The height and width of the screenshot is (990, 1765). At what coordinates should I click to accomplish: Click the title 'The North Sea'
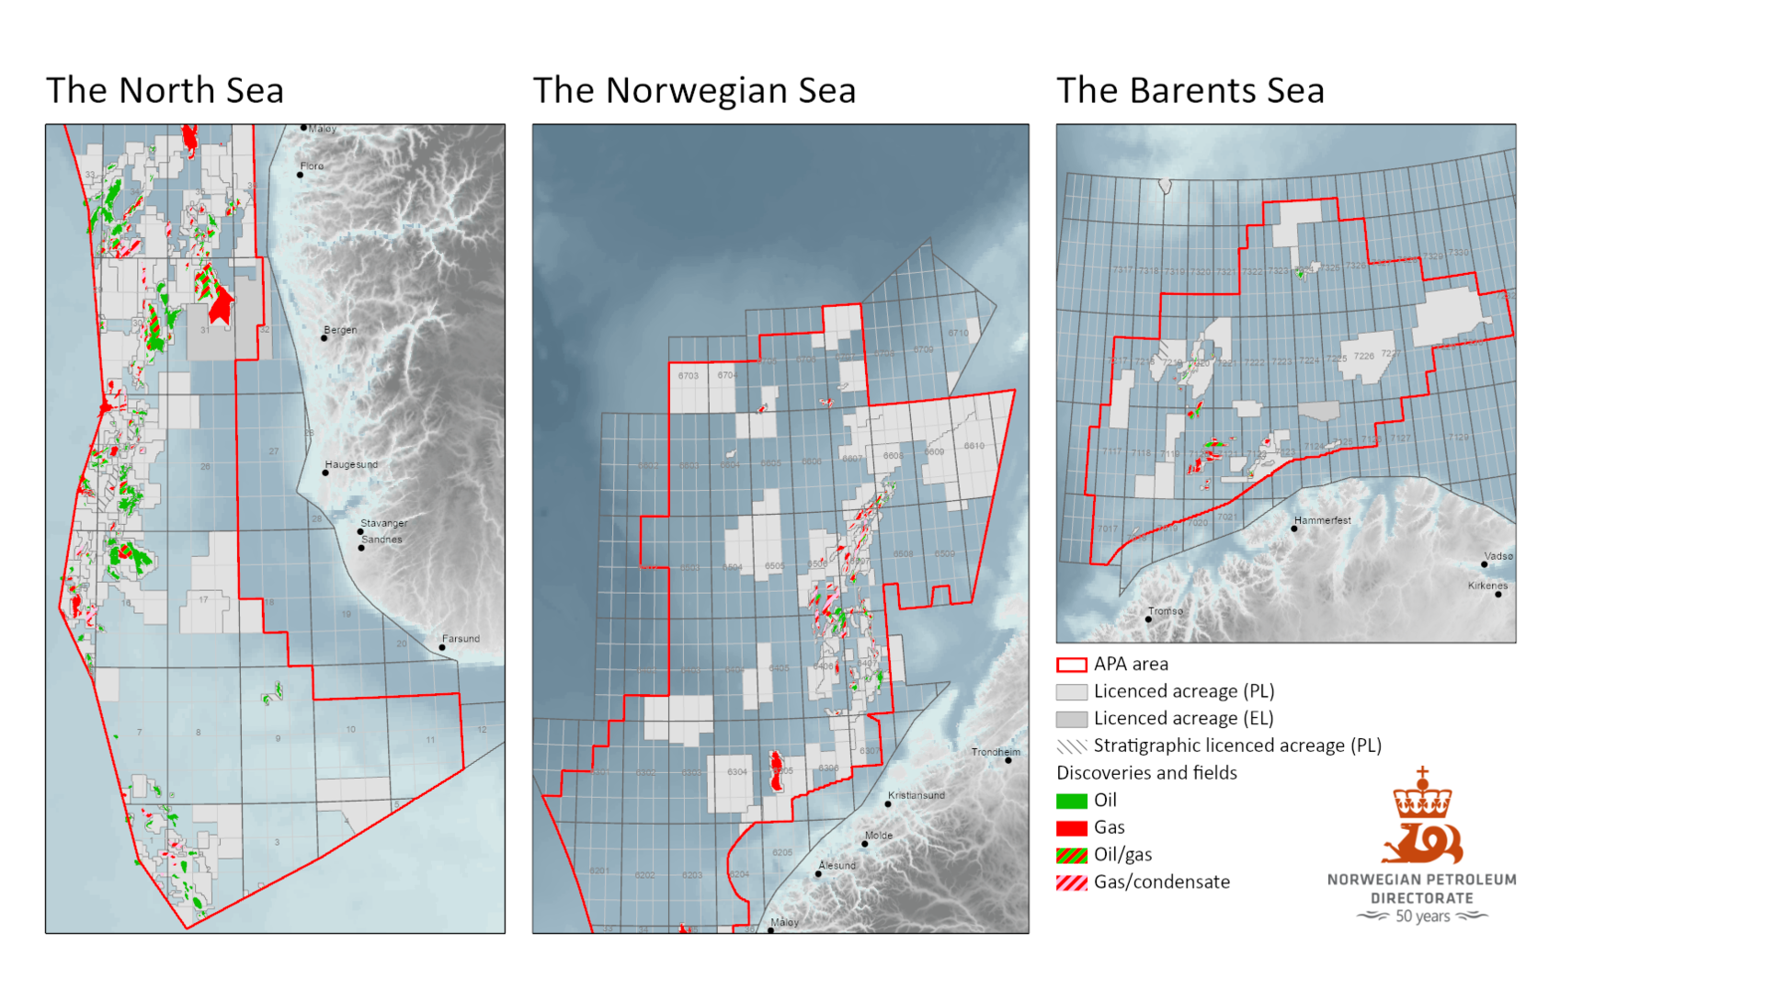point(165,90)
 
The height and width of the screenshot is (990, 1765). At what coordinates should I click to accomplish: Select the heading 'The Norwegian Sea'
point(694,90)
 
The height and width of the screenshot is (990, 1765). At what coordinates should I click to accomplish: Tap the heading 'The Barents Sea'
point(1190,90)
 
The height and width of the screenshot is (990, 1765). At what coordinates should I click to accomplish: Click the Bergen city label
point(340,330)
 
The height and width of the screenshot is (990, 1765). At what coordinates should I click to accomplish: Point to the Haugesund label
point(351,464)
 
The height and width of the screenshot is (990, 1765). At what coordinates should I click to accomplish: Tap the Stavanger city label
point(383,523)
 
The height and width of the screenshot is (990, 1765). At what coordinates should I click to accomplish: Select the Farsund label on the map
point(461,639)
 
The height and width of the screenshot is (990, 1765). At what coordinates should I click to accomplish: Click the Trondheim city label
point(996,752)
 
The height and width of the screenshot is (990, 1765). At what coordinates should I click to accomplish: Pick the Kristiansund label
point(916,795)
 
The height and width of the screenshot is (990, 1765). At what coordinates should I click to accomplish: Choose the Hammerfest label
point(1322,520)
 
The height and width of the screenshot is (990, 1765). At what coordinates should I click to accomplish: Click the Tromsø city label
point(1165,611)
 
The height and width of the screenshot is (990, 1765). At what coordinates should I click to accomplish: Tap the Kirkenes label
point(1487,586)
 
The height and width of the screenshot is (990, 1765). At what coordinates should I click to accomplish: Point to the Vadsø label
point(1497,556)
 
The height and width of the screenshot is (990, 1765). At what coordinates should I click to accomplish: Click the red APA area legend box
point(1071,665)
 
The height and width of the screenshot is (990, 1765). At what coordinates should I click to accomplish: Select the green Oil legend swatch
point(1071,801)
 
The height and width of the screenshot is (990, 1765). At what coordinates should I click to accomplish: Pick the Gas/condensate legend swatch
point(1071,882)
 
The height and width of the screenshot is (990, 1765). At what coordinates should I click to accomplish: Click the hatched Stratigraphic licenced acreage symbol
point(1071,746)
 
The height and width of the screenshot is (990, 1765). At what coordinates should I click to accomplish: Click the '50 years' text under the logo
point(1422,916)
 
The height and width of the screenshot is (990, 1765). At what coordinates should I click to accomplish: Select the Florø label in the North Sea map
point(312,166)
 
